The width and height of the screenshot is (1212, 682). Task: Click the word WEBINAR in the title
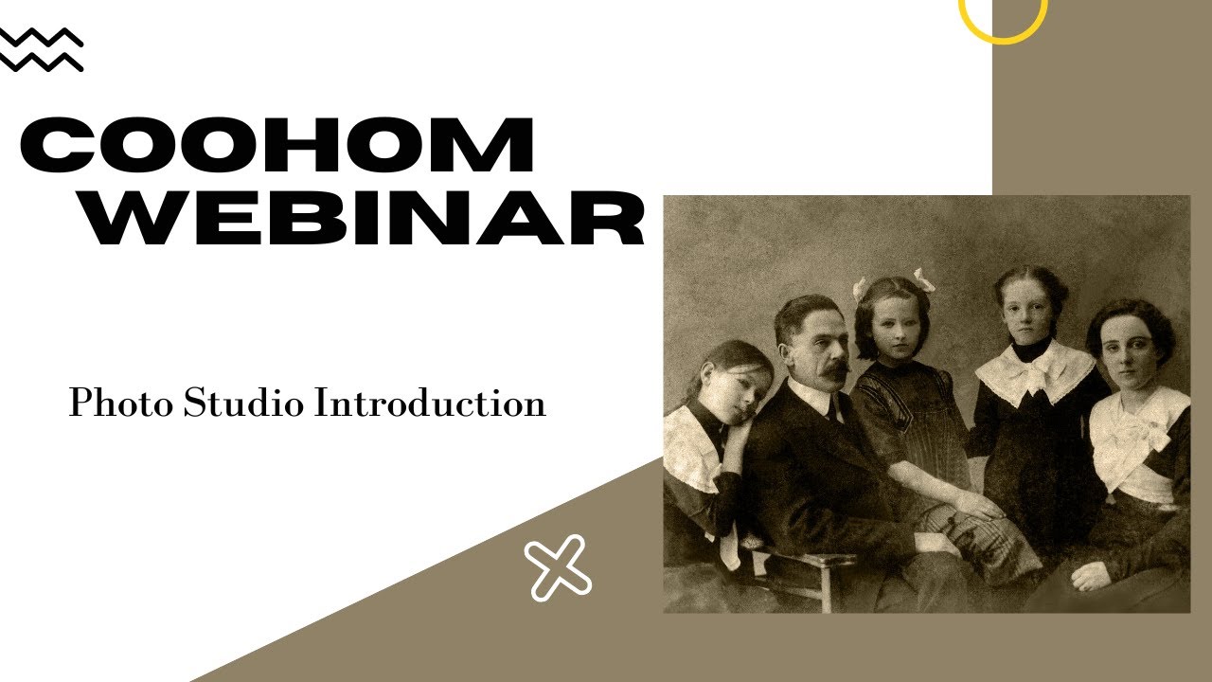pyautogui.click(x=362, y=220)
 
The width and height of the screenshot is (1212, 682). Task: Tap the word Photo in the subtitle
pyautogui.click(x=120, y=404)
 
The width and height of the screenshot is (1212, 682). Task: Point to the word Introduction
pyautogui.click(x=430, y=404)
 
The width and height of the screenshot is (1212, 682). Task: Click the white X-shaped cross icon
pyautogui.click(x=558, y=567)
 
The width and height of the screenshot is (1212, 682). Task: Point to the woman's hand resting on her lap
pyautogui.click(x=1090, y=575)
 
